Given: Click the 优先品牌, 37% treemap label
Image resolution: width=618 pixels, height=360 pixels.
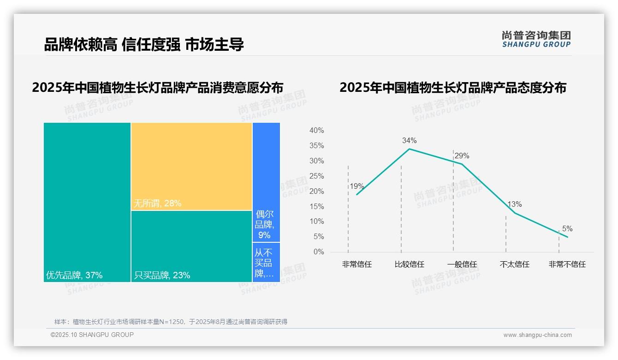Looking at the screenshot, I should point(74,276).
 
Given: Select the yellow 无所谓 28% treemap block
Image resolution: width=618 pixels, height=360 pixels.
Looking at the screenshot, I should point(191,166).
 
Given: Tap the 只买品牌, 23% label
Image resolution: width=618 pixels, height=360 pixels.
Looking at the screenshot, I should point(162,276).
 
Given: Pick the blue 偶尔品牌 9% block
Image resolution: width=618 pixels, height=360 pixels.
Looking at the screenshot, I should point(266,226).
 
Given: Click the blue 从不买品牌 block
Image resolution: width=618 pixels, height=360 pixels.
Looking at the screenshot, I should point(266,262).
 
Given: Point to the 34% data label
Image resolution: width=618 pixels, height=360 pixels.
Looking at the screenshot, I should point(409,140).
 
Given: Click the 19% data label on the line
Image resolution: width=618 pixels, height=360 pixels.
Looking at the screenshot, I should point(357,186).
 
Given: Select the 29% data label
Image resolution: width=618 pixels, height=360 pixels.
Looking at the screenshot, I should point(462,156).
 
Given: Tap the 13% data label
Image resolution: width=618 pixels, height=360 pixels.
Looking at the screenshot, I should point(515,204).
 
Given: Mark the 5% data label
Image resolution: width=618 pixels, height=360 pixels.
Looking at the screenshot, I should point(567,228).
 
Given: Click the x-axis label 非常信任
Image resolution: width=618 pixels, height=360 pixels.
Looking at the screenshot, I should point(357,264).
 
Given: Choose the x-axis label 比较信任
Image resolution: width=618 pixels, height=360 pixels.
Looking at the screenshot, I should point(409,264).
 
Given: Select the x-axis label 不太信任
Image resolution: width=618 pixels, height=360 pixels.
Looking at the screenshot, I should point(515,264).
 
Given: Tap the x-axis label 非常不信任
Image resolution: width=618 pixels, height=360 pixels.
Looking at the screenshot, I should point(567,264).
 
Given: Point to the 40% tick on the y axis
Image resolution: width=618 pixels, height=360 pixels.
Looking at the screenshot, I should point(316,131).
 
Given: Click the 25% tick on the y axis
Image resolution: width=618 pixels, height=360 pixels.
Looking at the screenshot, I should point(316,176).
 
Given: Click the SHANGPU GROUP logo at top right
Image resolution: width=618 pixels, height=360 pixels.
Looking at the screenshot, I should point(536,39).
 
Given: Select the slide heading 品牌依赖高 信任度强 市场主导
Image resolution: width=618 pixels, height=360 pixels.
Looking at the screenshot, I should point(144,44).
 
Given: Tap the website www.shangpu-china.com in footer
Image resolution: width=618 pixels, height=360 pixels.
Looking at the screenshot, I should point(537,335).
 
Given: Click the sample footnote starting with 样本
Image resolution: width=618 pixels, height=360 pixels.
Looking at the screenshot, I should point(171,322).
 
